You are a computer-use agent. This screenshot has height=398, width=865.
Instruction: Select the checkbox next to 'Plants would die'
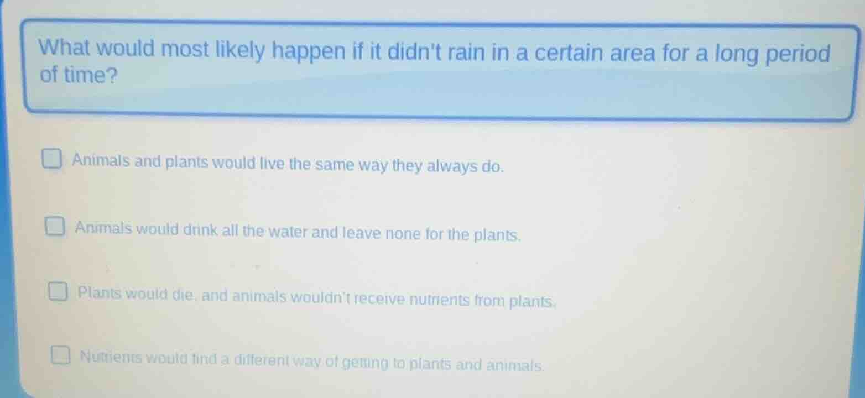(58, 292)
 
